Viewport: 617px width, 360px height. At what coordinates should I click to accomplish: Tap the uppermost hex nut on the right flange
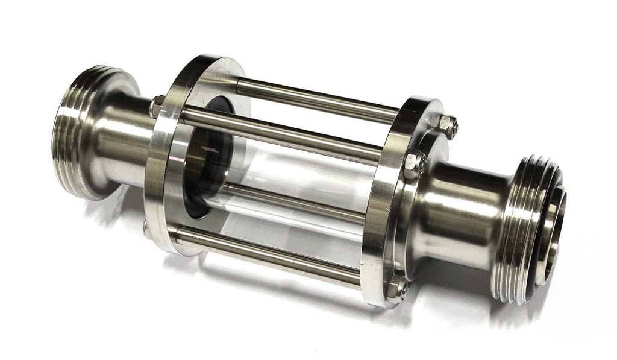point(447,125)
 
